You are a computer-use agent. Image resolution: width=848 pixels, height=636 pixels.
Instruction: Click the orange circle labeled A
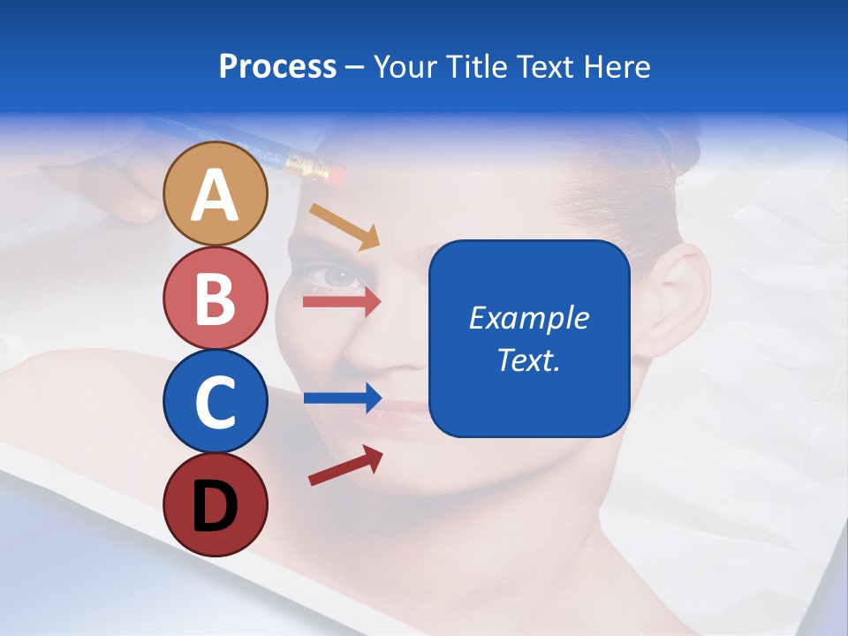click(x=215, y=194)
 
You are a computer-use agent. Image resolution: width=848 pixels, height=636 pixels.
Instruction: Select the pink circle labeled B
click(x=215, y=298)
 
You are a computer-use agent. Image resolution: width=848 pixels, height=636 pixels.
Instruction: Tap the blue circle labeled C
click(x=215, y=401)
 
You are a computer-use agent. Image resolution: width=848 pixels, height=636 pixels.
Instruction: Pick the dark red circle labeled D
click(x=215, y=504)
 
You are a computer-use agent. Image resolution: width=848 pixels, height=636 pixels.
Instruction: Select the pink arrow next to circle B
click(x=341, y=302)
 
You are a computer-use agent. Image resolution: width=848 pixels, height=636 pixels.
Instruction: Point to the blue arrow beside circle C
click(x=341, y=398)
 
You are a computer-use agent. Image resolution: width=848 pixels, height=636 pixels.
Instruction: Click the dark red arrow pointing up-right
click(x=344, y=466)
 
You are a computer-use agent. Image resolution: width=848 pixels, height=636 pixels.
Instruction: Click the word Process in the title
click(x=277, y=66)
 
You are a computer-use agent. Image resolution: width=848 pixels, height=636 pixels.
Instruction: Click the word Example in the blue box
click(x=528, y=318)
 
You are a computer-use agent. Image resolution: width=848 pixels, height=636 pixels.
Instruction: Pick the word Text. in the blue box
click(x=528, y=360)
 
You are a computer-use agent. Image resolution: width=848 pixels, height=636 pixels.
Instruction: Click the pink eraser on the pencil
click(x=333, y=172)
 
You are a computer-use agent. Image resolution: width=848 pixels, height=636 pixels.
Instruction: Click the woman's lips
click(x=405, y=410)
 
